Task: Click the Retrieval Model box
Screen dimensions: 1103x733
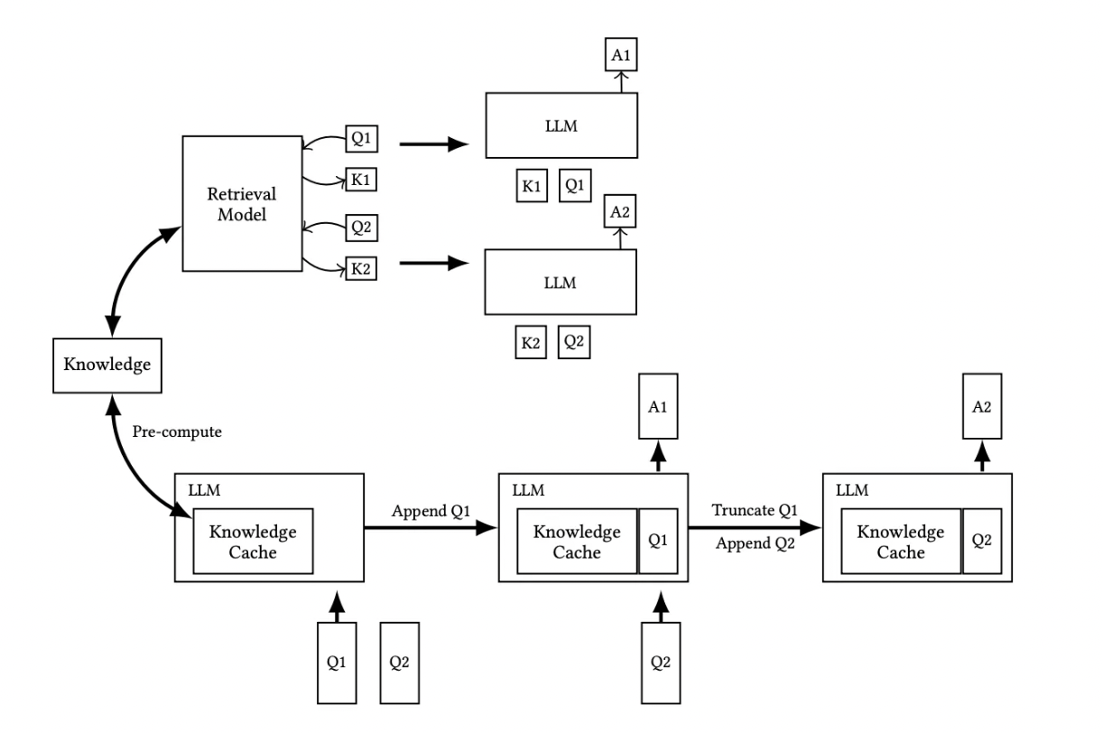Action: pyautogui.click(x=242, y=203)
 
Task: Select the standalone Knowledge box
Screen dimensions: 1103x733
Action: pyautogui.click(x=107, y=366)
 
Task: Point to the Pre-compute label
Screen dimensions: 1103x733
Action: pyautogui.click(x=177, y=431)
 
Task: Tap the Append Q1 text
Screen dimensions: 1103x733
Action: pyautogui.click(x=431, y=511)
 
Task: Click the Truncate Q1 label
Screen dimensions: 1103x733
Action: pyautogui.click(x=755, y=510)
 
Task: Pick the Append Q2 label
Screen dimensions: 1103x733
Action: pyautogui.click(x=755, y=543)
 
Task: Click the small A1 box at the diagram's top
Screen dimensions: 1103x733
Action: pyautogui.click(x=621, y=54)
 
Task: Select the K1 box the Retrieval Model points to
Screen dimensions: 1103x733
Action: pyautogui.click(x=361, y=180)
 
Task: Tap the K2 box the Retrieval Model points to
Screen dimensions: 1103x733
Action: pyautogui.click(x=361, y=268)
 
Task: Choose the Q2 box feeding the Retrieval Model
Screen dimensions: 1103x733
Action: pyautogui.click(x=361, y=227)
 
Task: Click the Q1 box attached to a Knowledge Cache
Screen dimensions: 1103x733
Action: pyautogui.click(x=658, y=541)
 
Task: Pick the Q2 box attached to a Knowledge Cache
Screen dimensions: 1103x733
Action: pyautogui.click(x=982, y=541)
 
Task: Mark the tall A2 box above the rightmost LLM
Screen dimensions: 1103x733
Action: pyautogui.click(x=982, y=406)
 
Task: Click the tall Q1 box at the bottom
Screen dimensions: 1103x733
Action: pyautogui.click(x=337, y=663)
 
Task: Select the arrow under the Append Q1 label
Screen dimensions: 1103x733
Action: pyautogui.click(x=431, y=528)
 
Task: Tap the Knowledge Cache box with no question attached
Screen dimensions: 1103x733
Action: pyautogui.click(x=253, y=541)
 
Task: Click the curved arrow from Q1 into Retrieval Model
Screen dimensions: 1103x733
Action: pyautogui.click(x=323, y=141)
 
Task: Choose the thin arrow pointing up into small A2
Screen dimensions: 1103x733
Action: pyautogui.click(x=620, y=238)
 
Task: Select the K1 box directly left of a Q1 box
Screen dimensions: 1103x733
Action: pyautogui.click(x=532, y=186)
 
